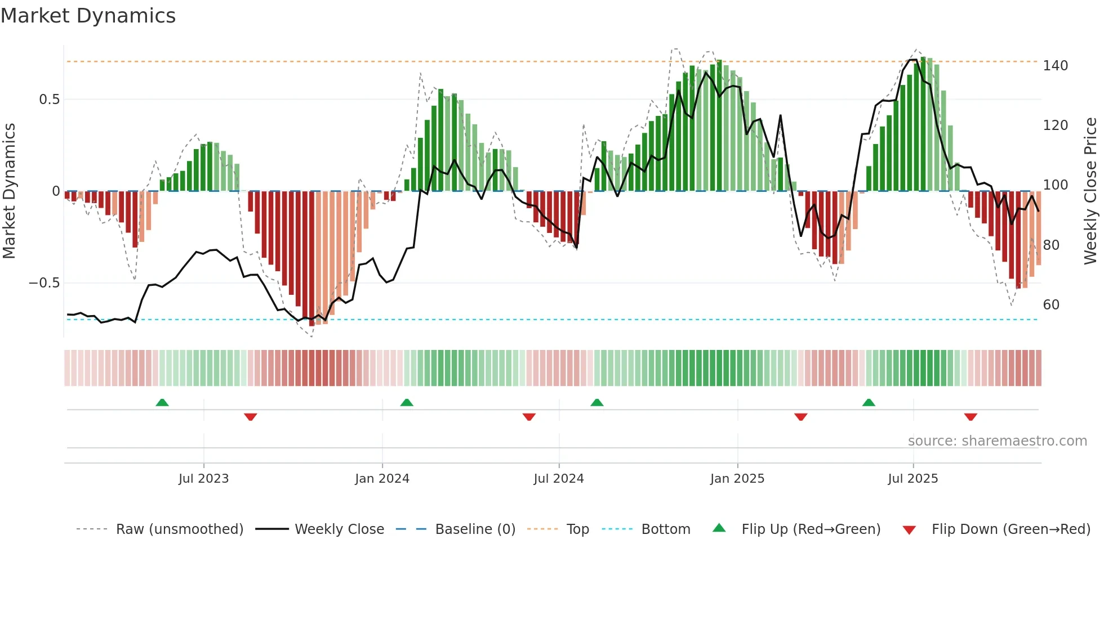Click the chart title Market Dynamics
tap(88, 16)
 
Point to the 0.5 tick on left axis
tap(49, 100)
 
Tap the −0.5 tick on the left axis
tap(44, 283)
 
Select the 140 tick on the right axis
tap(1055, 66)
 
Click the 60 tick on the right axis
tap(1051, 305)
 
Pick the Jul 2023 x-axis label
tap(203, 479)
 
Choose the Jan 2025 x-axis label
tap(737, 479)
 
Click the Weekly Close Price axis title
tap(1090, 191)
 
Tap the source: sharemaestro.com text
tap(997, 441)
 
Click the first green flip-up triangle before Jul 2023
tap(162, 402)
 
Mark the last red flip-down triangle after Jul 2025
tap(970, 417)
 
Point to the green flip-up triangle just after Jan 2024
tap(407, 402)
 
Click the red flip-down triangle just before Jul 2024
tap(529, 417)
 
